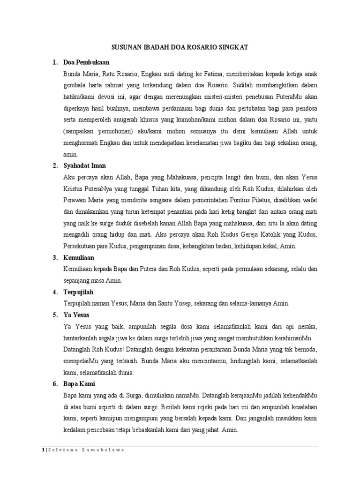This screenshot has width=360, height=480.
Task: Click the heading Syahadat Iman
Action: click(x=84, y=165)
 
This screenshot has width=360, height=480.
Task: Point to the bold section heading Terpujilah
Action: click(x=79, y=292)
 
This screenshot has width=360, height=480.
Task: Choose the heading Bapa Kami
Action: click(x=80, y=383)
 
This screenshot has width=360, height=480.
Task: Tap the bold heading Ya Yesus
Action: click(x=76, y=315)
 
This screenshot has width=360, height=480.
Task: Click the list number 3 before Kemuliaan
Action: click(x=55, y=258)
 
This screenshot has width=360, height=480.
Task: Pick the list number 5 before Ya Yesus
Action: click(x=55, y=315)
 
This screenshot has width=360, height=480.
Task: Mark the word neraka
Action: click(x=307, y=326)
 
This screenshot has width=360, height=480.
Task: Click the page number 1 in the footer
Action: click(x=42, y=450)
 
